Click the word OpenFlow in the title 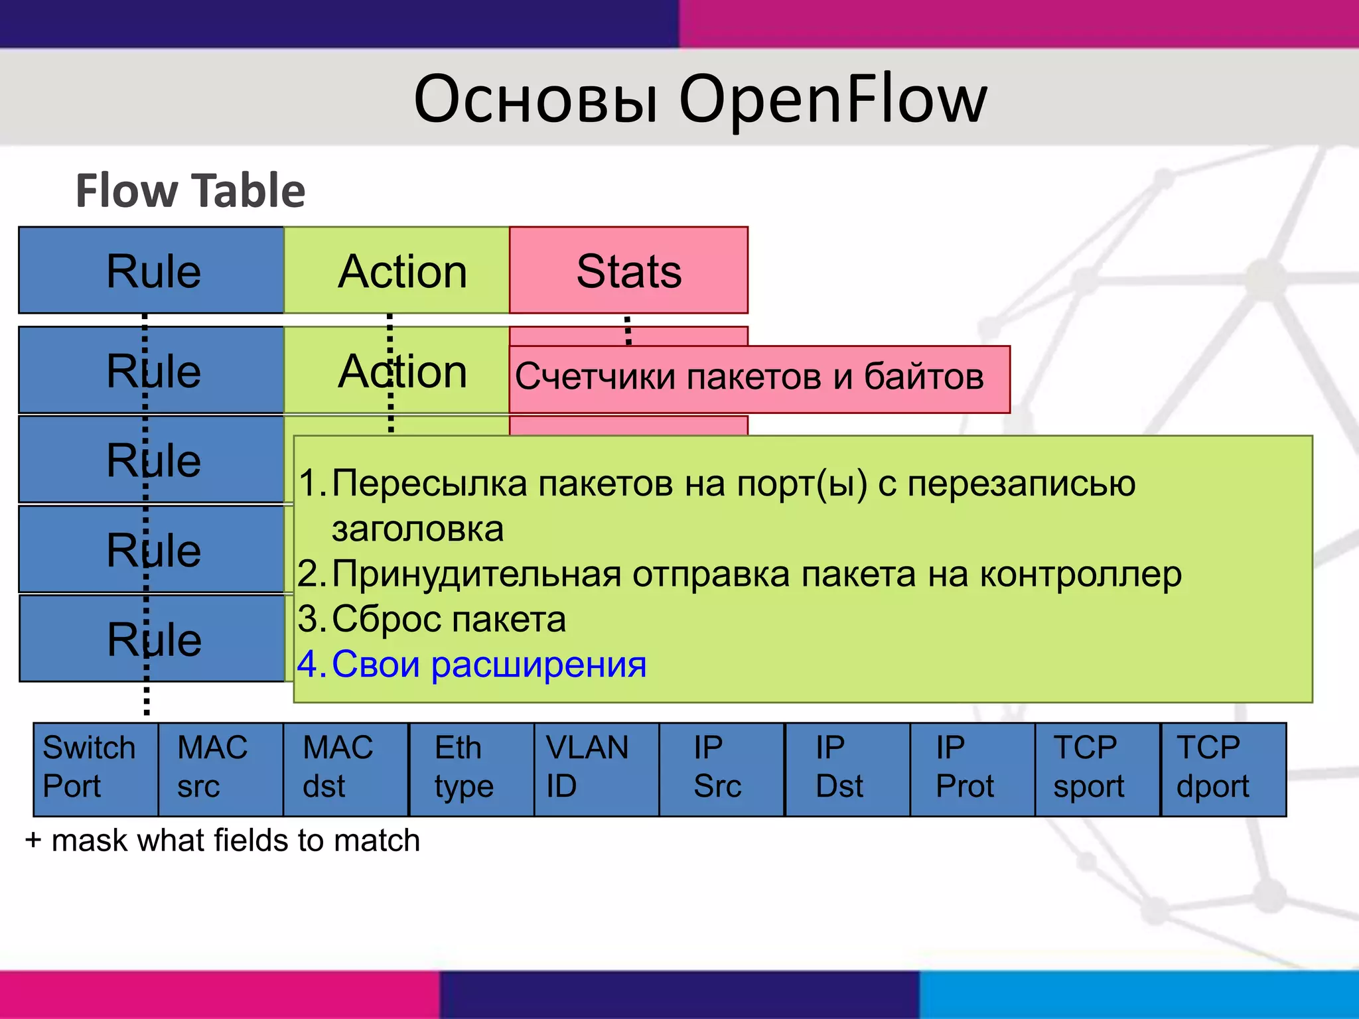click(x=833, y=100)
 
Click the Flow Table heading click(x=190, y=191)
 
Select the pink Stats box click(x=628, y=271)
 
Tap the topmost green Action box click(x=397, y=271)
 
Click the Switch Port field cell click(x=96, y=769)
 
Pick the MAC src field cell click(x=220, y=769)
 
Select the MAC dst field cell click(x=345, y=769)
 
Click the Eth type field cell click(x=471, y=769)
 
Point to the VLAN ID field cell click(x=596, y=769)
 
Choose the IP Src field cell click(x=721, y=769)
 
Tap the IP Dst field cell click(x=847, y=769)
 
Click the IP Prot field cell click(x=972, y=769)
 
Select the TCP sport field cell click(x=1097, y=769)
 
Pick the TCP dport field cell click(x=1223, y=769)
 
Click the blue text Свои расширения click(x=488, y=664)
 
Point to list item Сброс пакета click(x=449, y=619)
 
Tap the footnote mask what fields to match click(x=235, y=841)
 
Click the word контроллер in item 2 click(x=1080, y=574)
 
